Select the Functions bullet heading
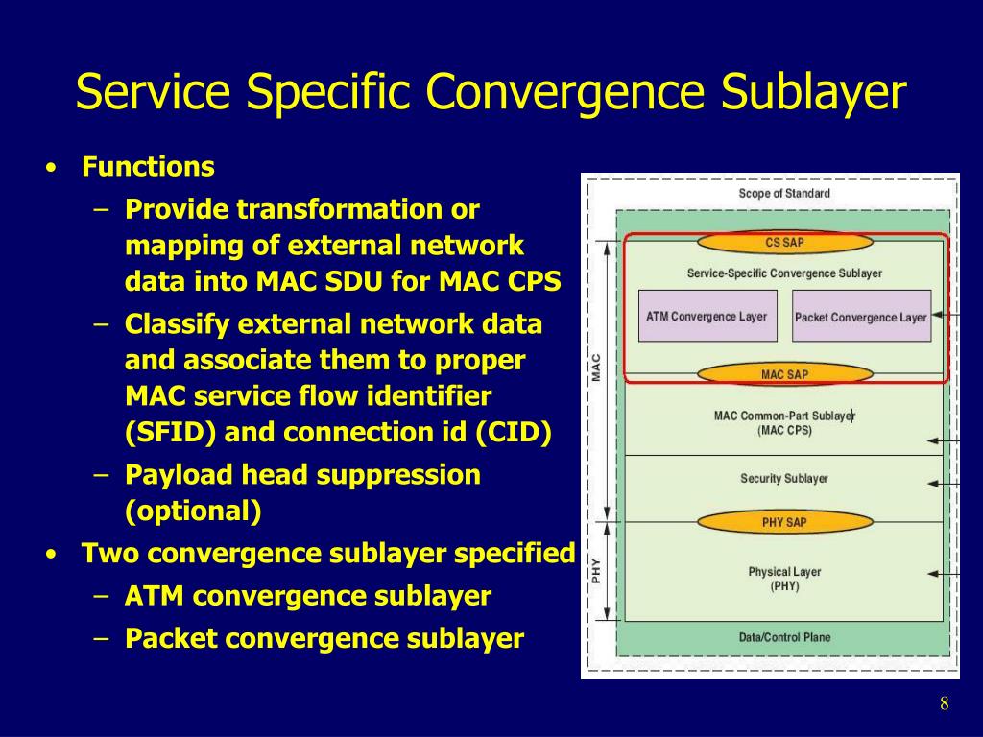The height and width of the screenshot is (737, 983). pos(148,167)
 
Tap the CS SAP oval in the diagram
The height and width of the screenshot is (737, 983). pos(785,243)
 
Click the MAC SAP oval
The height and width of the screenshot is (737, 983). pos(785,374)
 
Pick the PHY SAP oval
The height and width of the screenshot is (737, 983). pos(785,522)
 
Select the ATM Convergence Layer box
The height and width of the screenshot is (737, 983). pos(707,316)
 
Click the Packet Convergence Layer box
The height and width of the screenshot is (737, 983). pos(861,317)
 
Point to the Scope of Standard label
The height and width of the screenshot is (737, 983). pos(784,193)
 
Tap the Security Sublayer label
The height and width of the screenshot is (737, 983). pos(784,478)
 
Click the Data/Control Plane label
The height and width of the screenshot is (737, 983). pos(784,637)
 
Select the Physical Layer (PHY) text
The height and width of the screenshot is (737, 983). pos(784,579)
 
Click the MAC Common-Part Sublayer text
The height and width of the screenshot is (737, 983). pos(784,422)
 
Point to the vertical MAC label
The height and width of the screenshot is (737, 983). pos(597,368)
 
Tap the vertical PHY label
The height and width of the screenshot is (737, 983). pos(597,571)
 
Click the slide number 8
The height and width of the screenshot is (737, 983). pos(945,704)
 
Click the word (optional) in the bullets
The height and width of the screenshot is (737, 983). pos(193,511)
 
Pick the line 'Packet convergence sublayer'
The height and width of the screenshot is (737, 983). pos(324,638)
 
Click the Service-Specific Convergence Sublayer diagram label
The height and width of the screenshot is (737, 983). pos(784,273)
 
